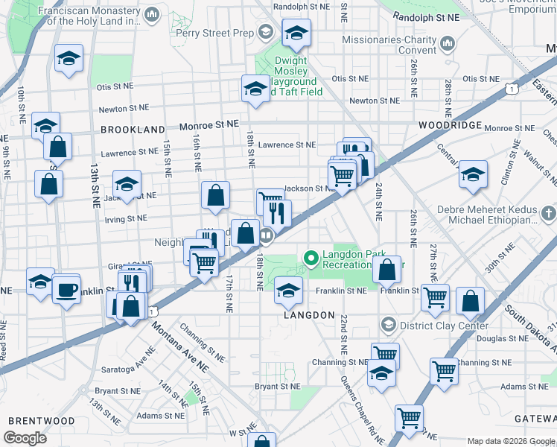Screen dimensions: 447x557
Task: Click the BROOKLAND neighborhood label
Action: (133, 129)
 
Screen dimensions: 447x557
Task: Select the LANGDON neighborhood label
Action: (309, 315)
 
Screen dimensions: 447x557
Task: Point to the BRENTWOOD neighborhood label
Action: (41, 421)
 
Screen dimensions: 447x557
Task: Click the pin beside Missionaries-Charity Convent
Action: (448, 44)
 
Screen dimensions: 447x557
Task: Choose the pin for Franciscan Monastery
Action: (152, 15)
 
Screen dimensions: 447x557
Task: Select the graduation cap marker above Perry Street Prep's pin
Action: (296, 32)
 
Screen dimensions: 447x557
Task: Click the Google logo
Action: (25, 438)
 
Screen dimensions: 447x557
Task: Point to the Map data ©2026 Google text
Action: (510, 441)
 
